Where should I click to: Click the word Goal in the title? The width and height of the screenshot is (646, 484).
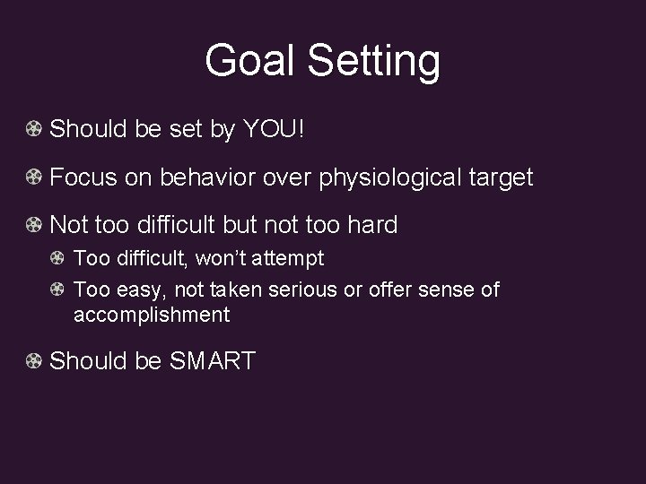pyautogui.click(x=250, y=62)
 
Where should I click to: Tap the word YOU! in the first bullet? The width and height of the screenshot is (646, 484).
pyautogui.click(x=274, y=130)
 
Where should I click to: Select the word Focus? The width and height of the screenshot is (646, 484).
pyautogui.click(x=83, y=177)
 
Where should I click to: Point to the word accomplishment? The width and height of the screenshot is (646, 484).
pyautogui.click(x=152, y=315)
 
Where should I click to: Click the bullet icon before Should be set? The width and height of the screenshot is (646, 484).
pyautogui.click(x=32, y=130)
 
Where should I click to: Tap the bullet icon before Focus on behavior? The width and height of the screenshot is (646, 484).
pyautogui.click(x=32, y=177)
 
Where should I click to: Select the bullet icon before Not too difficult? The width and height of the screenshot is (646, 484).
pyautogui.click(x=32, y=224)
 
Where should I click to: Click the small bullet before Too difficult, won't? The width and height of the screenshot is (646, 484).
pyautogui.click(x=57, y=259)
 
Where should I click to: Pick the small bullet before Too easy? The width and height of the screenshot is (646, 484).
pyautogui.click(x=57, y=290)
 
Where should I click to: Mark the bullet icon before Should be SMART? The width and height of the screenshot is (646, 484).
pyautogui.click(x=32, y=361)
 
